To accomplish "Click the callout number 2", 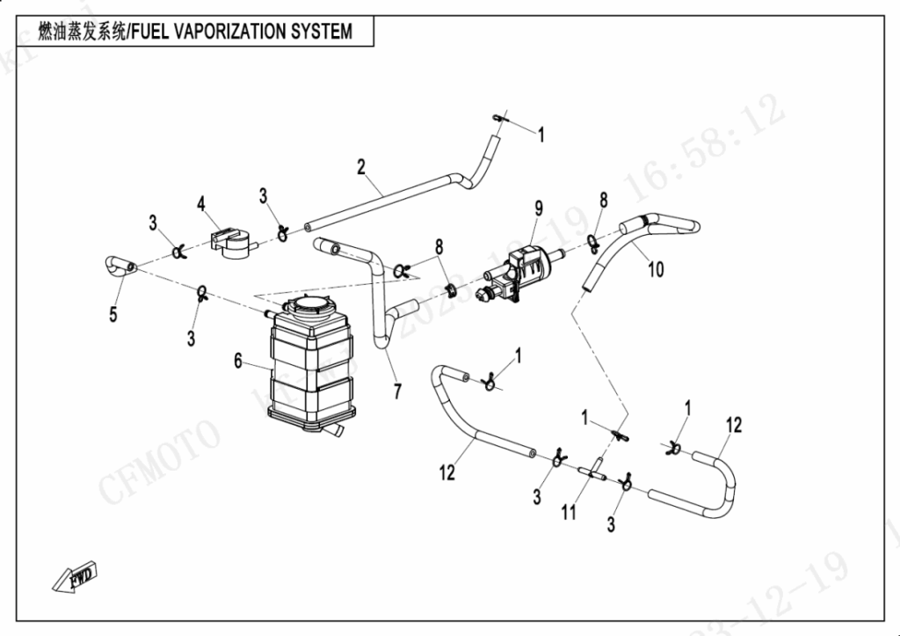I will pos(360,166).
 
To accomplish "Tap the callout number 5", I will pos(113,314).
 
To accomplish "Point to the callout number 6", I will pos(237,360).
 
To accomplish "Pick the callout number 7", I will pos(397,391).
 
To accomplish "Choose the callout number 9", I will pos(539,208).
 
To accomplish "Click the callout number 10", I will pos(656,269).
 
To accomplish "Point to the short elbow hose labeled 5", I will pos(115,263).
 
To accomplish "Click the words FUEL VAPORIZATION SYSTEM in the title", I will pos(241,32).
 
